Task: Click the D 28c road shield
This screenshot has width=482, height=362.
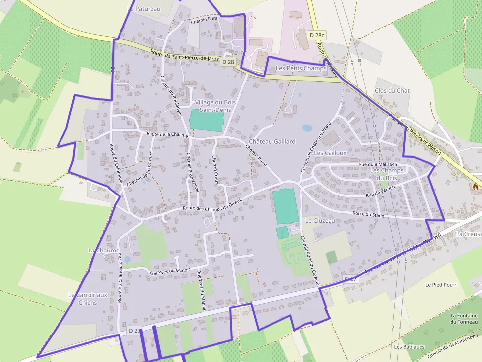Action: (x=318, y=35)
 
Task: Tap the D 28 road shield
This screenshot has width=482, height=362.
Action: (x=228, y=62)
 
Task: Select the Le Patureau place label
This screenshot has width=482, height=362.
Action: (x=144, y=9)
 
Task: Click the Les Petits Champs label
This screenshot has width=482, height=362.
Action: (x=301, y=68)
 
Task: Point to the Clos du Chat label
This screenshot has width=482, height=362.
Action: (x=392, y=91)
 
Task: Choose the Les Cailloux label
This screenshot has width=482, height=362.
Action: (x=331, y=153)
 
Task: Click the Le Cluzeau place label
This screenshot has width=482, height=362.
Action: (x=320, y=221)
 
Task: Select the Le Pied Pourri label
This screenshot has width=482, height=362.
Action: (x=441, y=285)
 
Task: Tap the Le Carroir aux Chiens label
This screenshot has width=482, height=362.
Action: (x=88, y=298)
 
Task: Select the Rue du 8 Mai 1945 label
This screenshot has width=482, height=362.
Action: (x=378, y=164)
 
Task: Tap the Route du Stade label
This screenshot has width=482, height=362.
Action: (x=368, y=214)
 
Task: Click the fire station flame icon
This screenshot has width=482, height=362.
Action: (x=475, y=186)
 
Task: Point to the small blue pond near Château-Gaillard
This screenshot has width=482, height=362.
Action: (x=307, y=128)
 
